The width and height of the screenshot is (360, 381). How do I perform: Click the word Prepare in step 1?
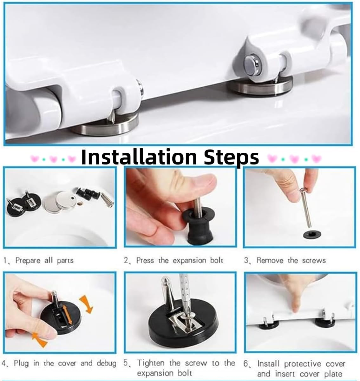coord(28,261)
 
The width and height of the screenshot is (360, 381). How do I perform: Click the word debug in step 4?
coord(106,363)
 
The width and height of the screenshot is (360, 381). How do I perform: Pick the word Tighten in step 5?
coord(151,363)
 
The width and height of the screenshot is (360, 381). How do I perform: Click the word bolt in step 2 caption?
coord(217,261)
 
